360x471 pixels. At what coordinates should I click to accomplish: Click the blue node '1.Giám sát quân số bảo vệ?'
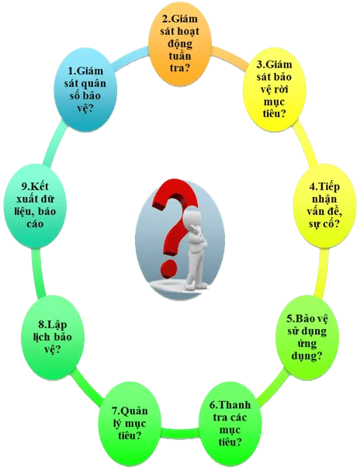[85, 90]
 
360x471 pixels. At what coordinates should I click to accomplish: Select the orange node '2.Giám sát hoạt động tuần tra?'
[180, 43]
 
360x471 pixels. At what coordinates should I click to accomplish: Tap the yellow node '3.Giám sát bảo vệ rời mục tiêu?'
[274, 89]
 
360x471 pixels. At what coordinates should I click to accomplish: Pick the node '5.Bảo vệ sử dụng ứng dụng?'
[307, 337]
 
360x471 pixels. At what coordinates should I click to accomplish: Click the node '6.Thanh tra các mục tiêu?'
[230, 424]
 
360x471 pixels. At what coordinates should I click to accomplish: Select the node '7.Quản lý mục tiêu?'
[130, 424]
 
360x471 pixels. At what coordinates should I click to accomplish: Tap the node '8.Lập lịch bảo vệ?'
[53, 337]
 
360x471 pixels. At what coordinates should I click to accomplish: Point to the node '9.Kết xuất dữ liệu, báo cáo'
[35, 206]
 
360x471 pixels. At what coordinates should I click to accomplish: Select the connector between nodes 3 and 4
[307, 146]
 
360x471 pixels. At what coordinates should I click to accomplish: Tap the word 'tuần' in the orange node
[180, 56]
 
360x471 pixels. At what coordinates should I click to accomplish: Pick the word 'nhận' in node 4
[324, 199]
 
